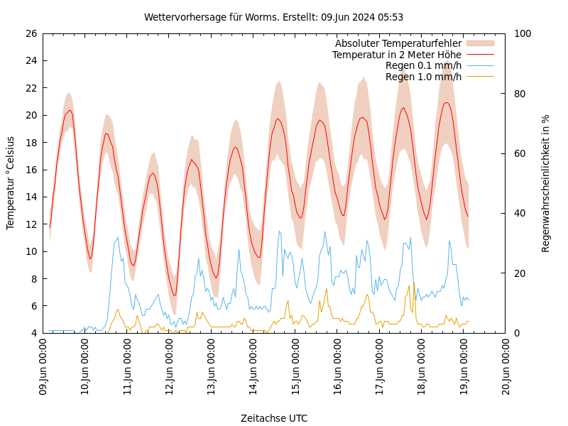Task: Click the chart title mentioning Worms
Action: click(x=273, y=17)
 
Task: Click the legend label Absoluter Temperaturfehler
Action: click(x=398, y=44)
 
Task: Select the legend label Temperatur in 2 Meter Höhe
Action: click(x=396, y=55)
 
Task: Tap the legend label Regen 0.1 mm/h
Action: click(x=423, y=65)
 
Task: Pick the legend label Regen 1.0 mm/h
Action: click(x=423, y=77)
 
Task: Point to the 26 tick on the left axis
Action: click(x=31, y=33)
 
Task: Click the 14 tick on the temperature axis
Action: click(x=31, y=197)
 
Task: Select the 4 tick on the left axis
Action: click(x=33, y=333)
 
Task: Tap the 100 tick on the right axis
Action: click(x=523, y=33)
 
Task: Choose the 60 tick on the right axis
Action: click(x=520, y=153)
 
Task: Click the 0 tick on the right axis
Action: click(x=517, y=333)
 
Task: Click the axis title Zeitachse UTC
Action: click(x=274, y=418)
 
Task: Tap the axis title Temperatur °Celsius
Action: click(x=11, y=183)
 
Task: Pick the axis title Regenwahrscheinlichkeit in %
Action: click(x=546, y=183)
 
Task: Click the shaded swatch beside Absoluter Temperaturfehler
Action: click(x=479, y=44)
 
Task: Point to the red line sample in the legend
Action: click(x=479, y=55)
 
